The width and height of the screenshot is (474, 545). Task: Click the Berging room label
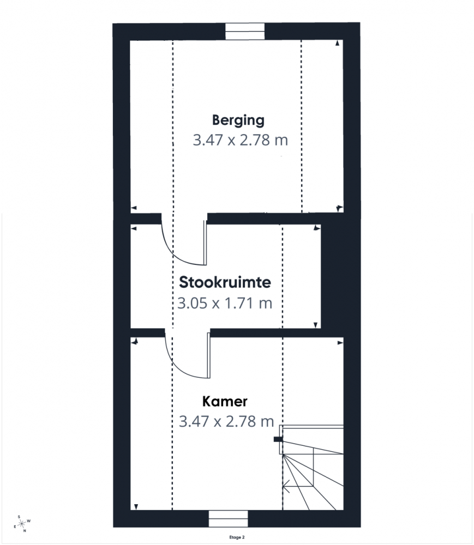(238, 120)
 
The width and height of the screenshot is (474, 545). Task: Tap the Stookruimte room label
(225, 282)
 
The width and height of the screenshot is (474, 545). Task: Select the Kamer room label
(225, 402)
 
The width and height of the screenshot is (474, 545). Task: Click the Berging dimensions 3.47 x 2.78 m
(241, 140)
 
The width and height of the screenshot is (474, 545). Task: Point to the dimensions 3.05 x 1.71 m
(225, 303)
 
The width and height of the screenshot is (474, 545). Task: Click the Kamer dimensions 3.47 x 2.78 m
(226, 421)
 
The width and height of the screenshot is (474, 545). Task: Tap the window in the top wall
(245, 31)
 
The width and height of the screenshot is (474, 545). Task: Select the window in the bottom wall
(228, 519)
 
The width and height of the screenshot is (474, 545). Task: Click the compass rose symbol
(22, 523)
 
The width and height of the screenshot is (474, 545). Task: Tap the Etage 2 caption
(237, 537)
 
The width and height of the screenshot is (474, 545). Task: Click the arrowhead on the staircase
(286, 486)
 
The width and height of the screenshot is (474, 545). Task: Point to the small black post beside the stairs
(278, 439)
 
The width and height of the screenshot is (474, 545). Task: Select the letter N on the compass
(25, 531)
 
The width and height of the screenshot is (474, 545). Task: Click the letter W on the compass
(29, 521)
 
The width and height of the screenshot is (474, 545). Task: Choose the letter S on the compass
(19, 517)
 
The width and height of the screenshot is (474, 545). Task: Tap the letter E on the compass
(15, 526)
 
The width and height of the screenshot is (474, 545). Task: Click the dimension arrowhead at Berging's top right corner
(337, 43)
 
